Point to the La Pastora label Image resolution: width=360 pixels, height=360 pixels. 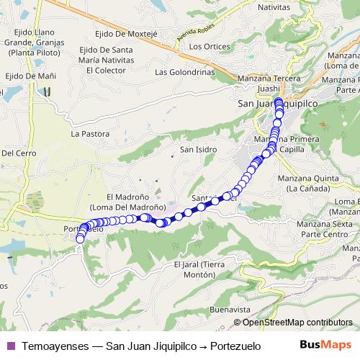pos(89,134)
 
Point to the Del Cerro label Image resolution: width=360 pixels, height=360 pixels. pos(18,153)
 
